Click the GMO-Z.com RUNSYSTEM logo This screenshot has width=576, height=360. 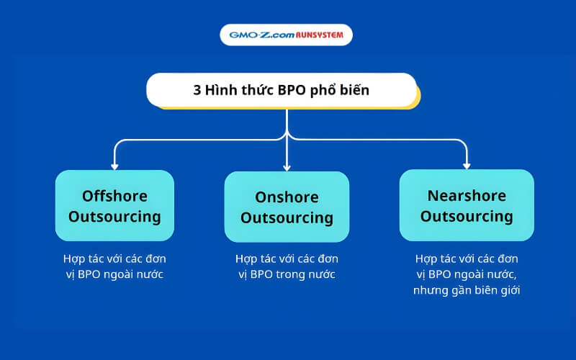coord(287,35)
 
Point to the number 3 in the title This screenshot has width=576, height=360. coord(197,91)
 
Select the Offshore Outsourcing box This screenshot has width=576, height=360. coord(114,205)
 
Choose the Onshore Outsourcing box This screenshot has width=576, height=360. coord(287,207)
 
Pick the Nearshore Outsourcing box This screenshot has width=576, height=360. coord(467,205)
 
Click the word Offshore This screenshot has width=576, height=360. coord(114,196)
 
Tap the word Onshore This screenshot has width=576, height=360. coord(287,197)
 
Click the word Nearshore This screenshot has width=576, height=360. coord(467,196)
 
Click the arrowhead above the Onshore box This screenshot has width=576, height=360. coord(287,166)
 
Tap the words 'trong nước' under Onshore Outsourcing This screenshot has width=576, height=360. coord(310,274)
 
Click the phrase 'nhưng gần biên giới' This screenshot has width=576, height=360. coord(467,290)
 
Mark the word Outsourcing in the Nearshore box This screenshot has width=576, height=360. coord(467,216)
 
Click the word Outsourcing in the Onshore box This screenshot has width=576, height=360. coord(287,217)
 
